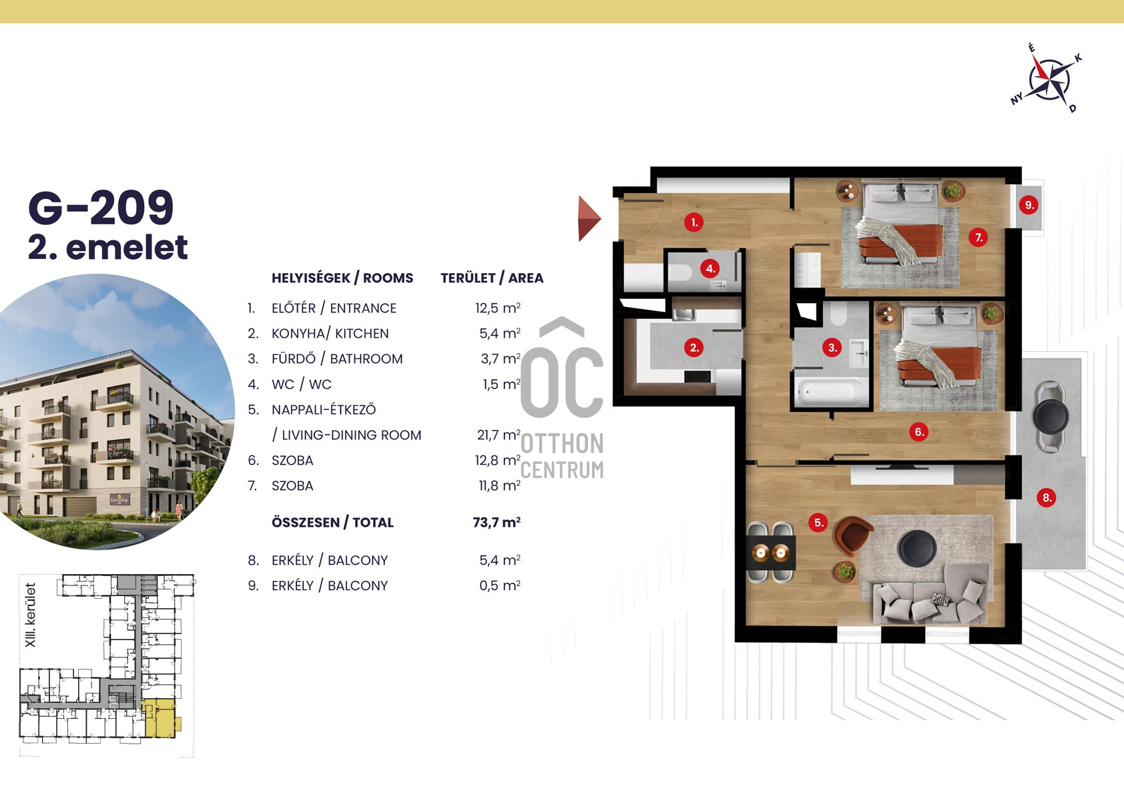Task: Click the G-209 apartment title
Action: pos(101,208)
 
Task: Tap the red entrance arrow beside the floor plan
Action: pos(589,218)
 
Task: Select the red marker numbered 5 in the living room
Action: pos(818,523)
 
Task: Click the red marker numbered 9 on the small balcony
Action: pos(1029,205)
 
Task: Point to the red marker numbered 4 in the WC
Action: pos(710,268)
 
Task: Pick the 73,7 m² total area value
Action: pos(497,523)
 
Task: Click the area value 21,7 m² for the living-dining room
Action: pos(499,435)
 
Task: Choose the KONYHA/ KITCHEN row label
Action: pos(330,333)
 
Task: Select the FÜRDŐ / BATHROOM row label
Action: pos(337,358)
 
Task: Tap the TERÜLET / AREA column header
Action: pos(492,278)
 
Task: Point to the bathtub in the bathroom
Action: pos(831,391)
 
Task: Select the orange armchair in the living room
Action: pos(852,535)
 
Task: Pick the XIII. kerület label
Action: pos(31,615)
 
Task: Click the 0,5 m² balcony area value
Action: pos(500,585)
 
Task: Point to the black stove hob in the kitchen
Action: pos(697,376)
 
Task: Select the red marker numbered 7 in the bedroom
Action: pos(978,237)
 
